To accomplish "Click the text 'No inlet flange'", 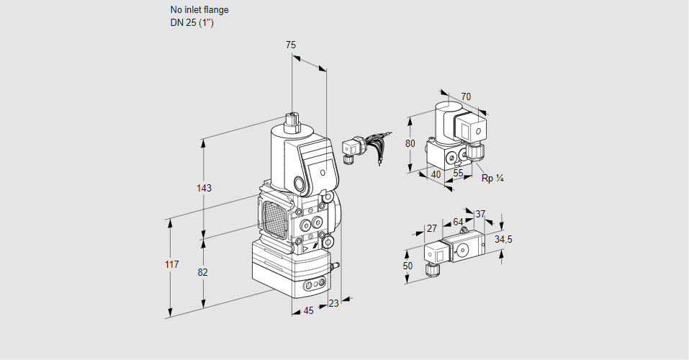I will (x=199, y=10).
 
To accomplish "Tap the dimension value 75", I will (x=291, y=45).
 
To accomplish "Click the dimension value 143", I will (x=204, y=189).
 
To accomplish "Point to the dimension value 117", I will (x=171, y=265).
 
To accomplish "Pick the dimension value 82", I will (x=203, y=272).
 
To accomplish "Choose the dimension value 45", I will (x=308, y=310).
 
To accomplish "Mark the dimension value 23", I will (x=333, y=303).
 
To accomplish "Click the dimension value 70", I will (x=466, y=96).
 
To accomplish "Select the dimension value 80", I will (x=410, y=143).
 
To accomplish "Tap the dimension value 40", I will (x=436, y=174).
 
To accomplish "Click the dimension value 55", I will (x=459, y=174).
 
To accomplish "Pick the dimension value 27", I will (x=432, y=228).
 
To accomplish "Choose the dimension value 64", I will (x=458, y=222).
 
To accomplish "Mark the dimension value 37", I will (x=481, y=214).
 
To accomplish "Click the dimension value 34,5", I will (x=503, y=239).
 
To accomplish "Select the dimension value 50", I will (x=407, y=266).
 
